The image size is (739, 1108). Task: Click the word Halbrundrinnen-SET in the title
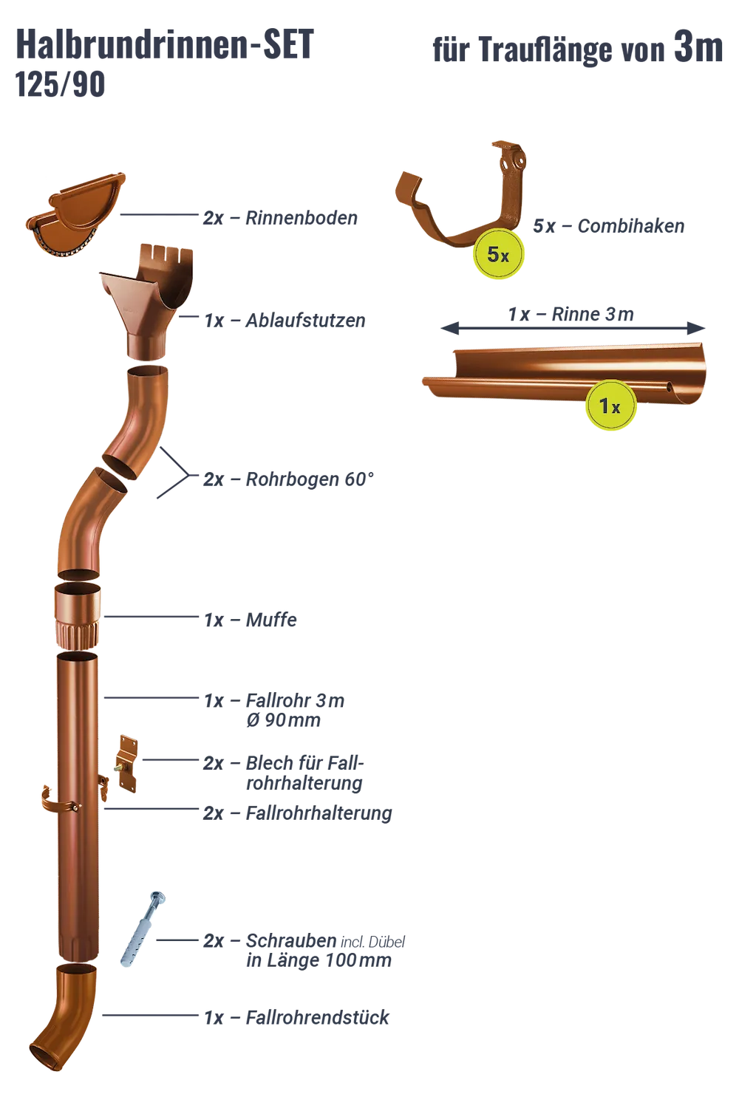(x=164, y=44)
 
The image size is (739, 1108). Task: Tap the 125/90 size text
(x=60, y=85)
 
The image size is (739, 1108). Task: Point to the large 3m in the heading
(x=698, y=48)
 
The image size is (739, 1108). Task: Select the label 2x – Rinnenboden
(x=280, y=218)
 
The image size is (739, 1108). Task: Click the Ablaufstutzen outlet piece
(x=147, y=300)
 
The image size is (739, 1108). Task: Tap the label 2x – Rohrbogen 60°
(x=288, y=479)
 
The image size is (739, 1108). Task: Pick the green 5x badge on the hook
(x=498, y=254)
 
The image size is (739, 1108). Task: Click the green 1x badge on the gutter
(x=610, y=406)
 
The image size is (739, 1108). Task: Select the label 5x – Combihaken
(x=608, y=226)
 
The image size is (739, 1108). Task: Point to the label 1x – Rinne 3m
(x=571, y=314)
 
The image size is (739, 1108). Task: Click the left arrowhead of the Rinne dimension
(x=449, y=328)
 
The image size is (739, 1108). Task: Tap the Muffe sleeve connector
(x=78, y=615)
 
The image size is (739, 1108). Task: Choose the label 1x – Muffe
(x=250, y=620)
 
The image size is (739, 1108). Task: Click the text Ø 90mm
(x=283, y=720)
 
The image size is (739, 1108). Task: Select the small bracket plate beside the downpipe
(x=126, y=765)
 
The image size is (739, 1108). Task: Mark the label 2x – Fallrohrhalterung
(x=298, y=813)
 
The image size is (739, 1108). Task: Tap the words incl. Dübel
(x=372, y=943)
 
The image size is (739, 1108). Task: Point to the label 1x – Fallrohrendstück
(x=296, y=1017)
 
